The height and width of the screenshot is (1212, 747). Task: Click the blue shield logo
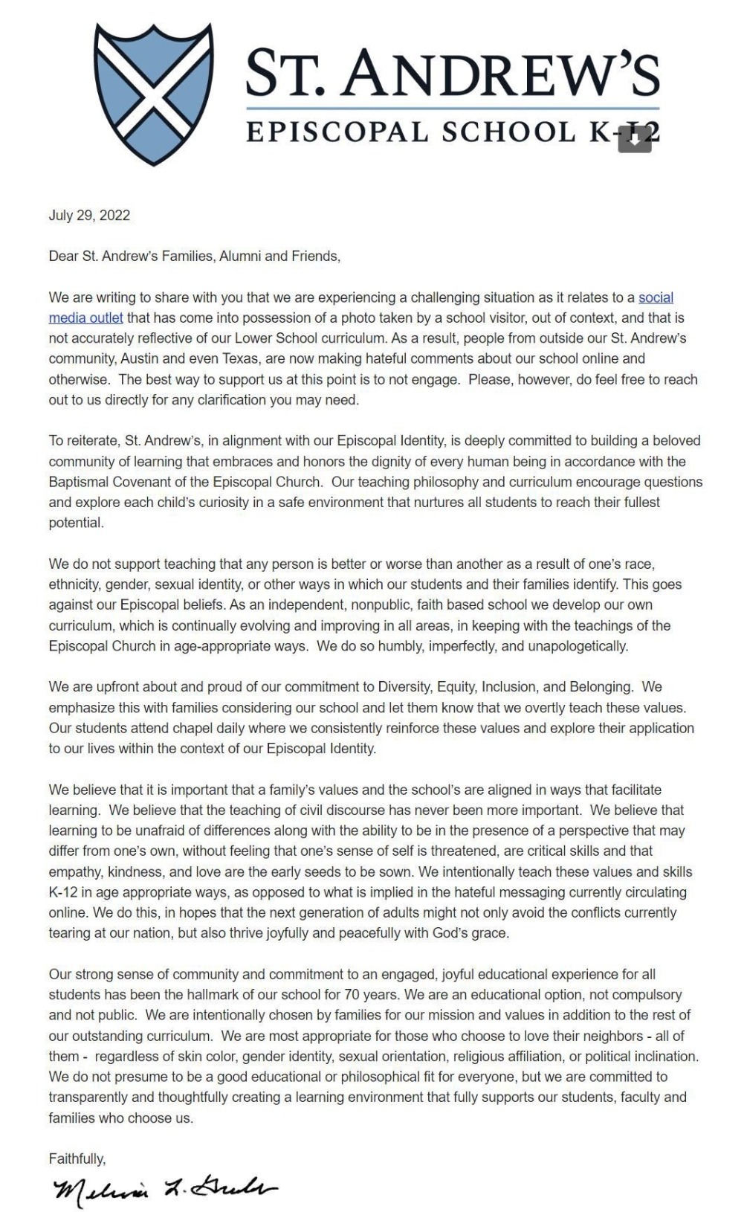coord(155,93)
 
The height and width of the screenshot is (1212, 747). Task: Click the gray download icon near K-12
coord(634,140)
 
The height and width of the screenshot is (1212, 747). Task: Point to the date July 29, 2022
coord(89,216)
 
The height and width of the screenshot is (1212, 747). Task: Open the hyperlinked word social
coord(656,297)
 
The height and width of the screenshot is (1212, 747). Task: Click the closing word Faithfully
coord(77,1158)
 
